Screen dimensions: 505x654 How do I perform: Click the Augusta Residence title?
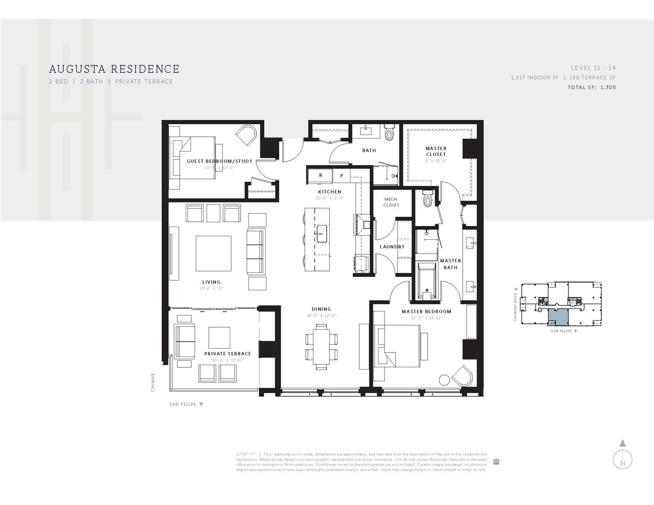click(114, 69)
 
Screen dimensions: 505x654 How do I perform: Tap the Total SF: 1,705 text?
click(591, 88)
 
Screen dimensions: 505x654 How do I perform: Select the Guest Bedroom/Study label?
click(219, 161)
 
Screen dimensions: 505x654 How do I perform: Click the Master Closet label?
click(436, 151)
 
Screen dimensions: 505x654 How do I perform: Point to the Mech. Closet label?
click(391, 202)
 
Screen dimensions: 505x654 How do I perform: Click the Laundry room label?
click(392, 247)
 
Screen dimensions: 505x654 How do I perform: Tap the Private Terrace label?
click(228, 354)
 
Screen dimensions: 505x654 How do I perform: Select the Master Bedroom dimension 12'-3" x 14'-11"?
click(426, 318)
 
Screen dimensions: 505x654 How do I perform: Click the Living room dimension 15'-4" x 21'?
click(211, 288)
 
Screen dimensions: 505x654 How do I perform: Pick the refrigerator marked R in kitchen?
click(320, 176)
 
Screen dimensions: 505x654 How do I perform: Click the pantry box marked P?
click(342, 176)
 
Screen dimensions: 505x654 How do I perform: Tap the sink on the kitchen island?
click(322, 234)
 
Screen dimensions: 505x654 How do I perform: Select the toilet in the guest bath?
click(389, 132)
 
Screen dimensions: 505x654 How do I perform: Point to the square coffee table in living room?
click(213, 254)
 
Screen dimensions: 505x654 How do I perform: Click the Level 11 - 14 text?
click(593, 68)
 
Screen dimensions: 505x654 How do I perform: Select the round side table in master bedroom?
click(444, 380)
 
